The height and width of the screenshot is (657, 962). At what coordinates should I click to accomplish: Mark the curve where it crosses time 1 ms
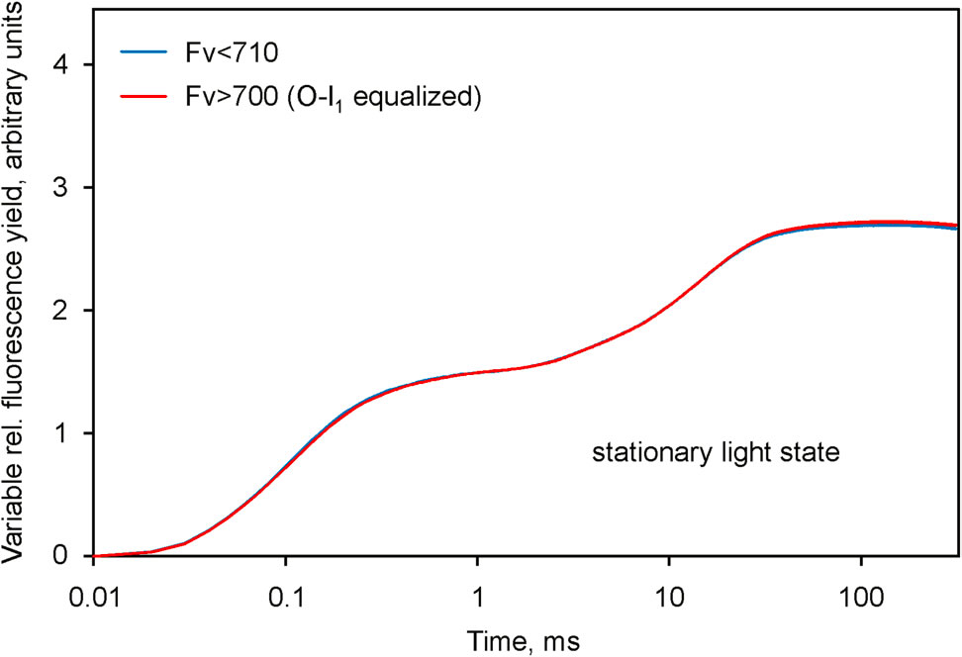477,373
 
